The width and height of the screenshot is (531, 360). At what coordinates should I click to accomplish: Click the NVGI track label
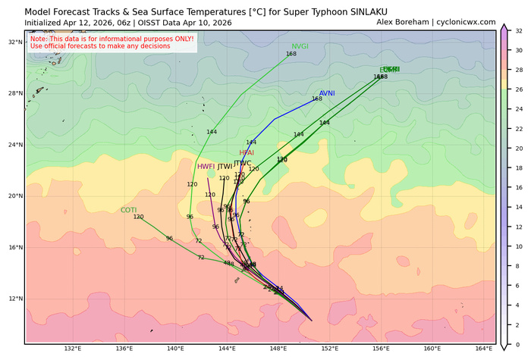pos(300,46)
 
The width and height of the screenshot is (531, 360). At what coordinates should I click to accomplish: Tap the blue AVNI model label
pos(327,93)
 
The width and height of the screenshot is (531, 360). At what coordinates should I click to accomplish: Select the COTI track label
pos(128,210)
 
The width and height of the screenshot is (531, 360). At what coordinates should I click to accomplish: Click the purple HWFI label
pos(206,167)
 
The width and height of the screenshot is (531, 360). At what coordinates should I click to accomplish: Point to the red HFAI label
pos(247,153)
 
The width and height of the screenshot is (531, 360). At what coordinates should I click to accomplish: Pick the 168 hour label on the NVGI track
pos(291,54)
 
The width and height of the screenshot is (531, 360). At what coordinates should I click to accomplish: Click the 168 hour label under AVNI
pos(317,99)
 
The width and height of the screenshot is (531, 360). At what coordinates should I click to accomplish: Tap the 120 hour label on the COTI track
pos(138,218)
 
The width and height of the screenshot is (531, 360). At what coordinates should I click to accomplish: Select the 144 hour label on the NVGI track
pos(212,132)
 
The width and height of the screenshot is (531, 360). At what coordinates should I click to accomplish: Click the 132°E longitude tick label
pos(73,349)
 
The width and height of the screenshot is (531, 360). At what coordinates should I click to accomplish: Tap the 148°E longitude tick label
pos(278,349)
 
